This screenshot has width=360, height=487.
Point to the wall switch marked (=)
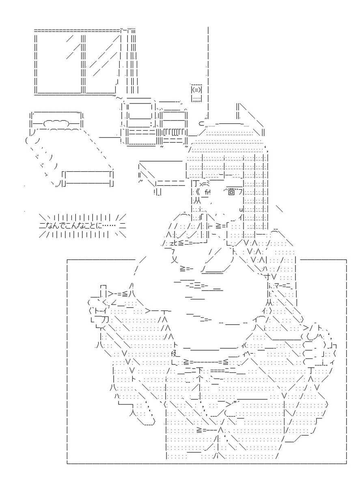tap(196, 90)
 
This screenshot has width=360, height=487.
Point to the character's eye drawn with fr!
tap(207, 192)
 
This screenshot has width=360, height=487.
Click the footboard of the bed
tap(88, 179)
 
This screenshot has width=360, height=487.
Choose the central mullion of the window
tap(83, 62)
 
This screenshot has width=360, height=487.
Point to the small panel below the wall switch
tap(196, 99)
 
